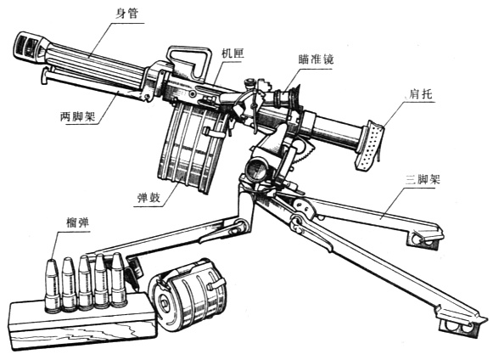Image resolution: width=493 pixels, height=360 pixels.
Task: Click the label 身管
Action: tap(126, 14)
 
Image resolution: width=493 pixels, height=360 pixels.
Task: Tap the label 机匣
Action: tap(232, 53)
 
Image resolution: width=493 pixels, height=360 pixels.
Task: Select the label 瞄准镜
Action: tap(316, 59)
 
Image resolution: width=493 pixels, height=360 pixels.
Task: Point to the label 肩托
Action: tap(421, 94)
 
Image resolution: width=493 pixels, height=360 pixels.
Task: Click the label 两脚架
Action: tap(78, 117)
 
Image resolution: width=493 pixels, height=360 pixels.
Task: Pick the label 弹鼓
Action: tap(149, 197)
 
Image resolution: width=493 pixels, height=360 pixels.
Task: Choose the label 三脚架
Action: tap(423, 180)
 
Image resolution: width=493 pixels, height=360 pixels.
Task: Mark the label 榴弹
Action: tap(78, 223)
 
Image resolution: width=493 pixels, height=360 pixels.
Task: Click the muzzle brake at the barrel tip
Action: tap(31, 47)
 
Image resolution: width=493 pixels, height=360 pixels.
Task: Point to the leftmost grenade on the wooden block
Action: tap(52, 285)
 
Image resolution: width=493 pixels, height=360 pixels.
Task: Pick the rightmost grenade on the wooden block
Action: tap(119, 279)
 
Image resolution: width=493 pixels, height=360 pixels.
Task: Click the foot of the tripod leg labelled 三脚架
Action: tap(425, 237)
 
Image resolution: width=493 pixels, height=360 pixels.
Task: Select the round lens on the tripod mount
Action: tap(255, 170)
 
